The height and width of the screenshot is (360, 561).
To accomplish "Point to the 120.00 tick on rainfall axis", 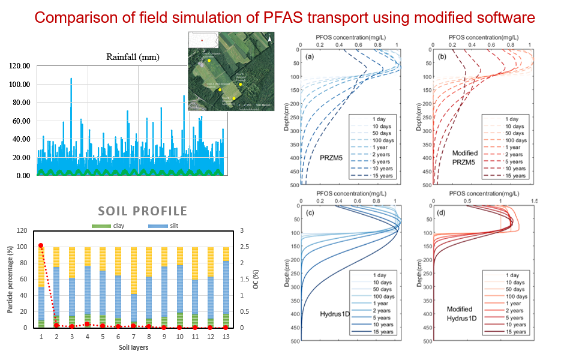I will point(19,65).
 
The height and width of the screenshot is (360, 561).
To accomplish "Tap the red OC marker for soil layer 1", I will point(41,245).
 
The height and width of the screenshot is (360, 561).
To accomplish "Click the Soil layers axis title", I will point(133,347).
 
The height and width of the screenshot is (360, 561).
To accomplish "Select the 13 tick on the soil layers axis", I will point(226,337).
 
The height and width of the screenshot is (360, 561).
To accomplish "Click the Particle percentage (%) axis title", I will point(10,279).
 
